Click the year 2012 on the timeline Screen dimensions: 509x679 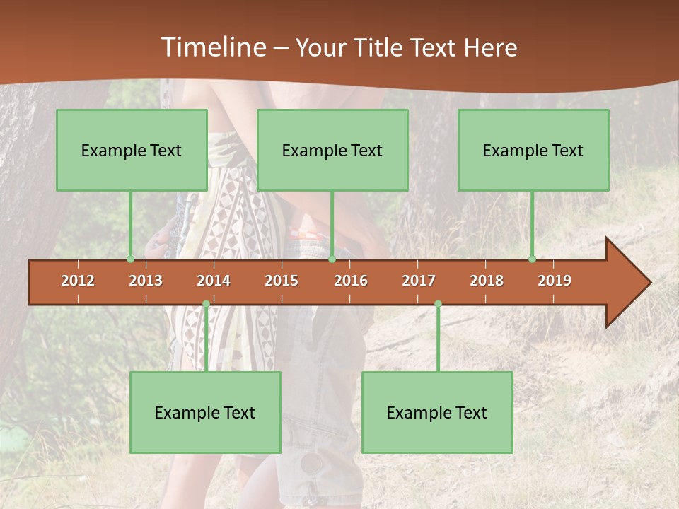[78, 281]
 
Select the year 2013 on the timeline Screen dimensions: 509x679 [146, 281]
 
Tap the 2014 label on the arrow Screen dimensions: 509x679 [214, 281]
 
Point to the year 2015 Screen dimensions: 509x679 [282, 281]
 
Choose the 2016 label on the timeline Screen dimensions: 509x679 [351, 281]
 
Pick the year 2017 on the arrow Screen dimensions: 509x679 [419, 281]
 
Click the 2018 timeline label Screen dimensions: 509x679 [487, 281]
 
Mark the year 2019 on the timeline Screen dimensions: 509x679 [555, 281]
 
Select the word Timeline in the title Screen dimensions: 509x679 [212, 47]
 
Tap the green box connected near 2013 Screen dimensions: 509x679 [132, 150]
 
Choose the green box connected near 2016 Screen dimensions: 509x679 [332, 150]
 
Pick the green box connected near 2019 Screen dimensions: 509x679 [533, 150]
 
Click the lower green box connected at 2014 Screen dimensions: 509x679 [205, 412]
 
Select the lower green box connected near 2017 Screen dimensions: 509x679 [437, 412]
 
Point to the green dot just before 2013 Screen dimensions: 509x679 [131, 259]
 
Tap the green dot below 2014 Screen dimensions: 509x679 [206, 304]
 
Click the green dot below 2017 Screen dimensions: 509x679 [438, 304]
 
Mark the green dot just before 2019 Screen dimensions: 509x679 [533, 259]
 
